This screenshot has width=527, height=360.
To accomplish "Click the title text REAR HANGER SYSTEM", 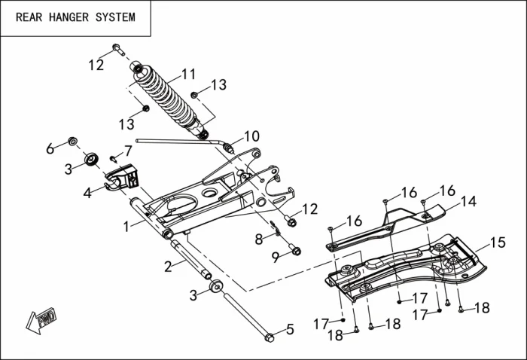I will (75, 17).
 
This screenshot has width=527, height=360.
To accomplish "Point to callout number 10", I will (251, 136).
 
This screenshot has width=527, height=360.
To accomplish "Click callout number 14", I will (468, 202).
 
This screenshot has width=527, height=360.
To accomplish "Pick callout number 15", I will (498, 243).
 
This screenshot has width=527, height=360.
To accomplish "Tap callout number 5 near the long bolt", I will (290, 329).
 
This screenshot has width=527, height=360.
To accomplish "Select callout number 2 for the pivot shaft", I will (169, 265).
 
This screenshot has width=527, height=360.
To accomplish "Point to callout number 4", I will (88, 193).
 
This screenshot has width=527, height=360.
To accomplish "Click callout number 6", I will (50, 148).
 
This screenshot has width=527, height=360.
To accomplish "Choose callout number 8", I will (258, 239).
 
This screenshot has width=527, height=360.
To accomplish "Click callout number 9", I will (276, 257).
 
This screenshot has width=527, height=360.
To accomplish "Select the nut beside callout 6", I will (73, 141).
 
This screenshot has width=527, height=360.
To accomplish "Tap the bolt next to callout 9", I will (294, 249).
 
